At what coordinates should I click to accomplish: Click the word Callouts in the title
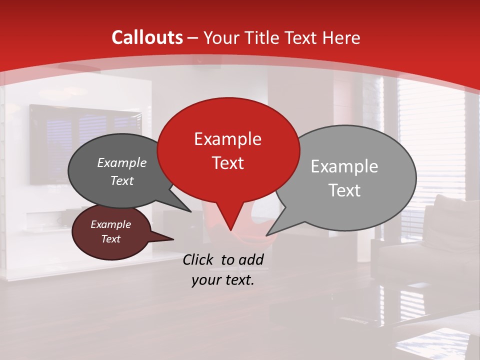click(147, 37)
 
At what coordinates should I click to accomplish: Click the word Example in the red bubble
click(227, 139)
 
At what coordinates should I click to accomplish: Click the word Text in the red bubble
click(227, 163)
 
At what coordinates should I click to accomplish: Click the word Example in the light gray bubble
click(344, 166)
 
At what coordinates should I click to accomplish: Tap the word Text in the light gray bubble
click(344, 190)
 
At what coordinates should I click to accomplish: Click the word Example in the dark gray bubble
click(122, 163)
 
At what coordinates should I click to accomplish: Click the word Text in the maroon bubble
click(111, 239)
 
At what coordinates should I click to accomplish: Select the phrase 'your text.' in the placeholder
click(223, 280)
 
